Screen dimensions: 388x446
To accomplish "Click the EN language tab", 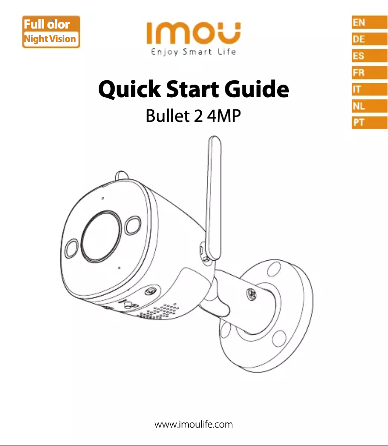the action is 370,22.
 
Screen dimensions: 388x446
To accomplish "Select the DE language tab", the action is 370,39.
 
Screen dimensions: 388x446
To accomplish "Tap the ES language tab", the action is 370,56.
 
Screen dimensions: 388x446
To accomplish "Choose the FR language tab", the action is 370,72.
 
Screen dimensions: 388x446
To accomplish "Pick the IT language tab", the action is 370,89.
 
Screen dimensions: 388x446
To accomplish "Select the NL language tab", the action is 370,106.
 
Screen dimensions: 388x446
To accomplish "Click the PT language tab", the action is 370,122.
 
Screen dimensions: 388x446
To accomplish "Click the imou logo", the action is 194,33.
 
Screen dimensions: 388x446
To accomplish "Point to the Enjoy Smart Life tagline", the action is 194,52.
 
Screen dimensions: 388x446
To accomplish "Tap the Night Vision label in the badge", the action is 50,39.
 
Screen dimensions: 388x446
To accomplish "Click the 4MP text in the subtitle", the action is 224,116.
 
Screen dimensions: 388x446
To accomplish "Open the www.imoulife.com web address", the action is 194,424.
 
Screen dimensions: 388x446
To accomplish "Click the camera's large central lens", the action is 101,237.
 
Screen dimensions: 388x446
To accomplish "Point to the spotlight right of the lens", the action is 133,225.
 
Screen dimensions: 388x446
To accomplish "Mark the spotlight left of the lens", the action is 72,248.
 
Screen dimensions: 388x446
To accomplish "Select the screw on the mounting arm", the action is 251,294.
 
